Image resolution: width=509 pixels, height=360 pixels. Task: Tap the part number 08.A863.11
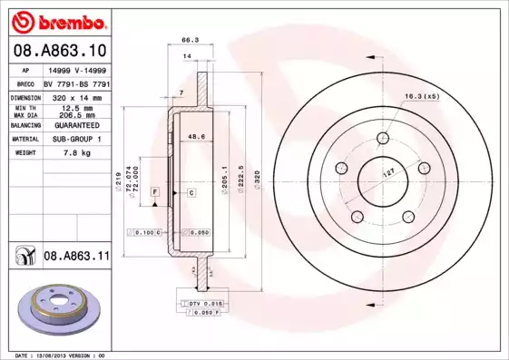coord(76,257)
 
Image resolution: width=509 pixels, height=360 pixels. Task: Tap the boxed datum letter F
coord(155,193)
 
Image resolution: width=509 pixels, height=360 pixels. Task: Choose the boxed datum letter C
coord(192,193)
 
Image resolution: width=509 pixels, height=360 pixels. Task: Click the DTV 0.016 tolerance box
coord(204,302)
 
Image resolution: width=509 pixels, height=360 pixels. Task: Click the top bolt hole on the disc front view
coord(382,137)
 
